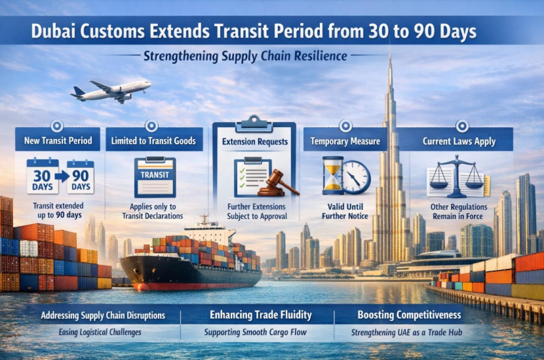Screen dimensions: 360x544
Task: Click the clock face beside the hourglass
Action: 356,177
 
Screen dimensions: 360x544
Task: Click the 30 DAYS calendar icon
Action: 42,176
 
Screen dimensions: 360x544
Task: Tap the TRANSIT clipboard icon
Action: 155,176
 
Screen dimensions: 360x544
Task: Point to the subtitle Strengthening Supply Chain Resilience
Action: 245,56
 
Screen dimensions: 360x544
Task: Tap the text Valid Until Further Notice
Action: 338,210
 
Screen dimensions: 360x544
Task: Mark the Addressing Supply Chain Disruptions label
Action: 103,315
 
